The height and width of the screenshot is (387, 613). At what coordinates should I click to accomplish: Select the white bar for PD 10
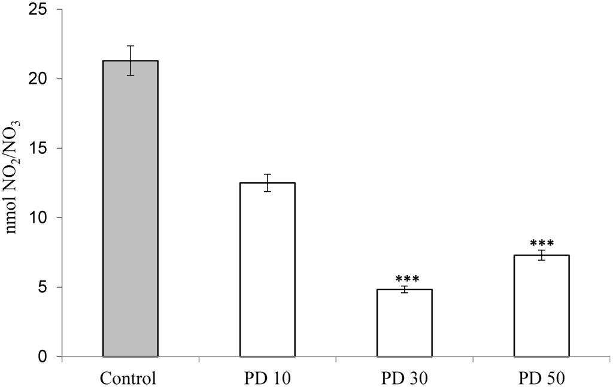click(x=267, y=270)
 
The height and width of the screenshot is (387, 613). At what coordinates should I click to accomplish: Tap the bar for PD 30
click(x=404, y=323)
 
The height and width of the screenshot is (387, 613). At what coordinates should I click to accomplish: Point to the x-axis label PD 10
click(x=267, y=379)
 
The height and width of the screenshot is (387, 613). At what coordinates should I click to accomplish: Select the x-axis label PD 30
click(x=404, y=379)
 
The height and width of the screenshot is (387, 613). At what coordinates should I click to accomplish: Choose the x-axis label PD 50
click(x=541, y=379)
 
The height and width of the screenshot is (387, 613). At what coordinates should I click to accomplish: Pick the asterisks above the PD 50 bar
click(x=542, y=243)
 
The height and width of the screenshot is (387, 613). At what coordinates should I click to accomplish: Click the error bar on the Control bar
click(x=131, y=61)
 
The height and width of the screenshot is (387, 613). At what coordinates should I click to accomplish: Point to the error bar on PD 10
click(x=267, y=183)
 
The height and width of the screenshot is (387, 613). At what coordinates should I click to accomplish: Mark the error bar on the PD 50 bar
click(x=541, y=255)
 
